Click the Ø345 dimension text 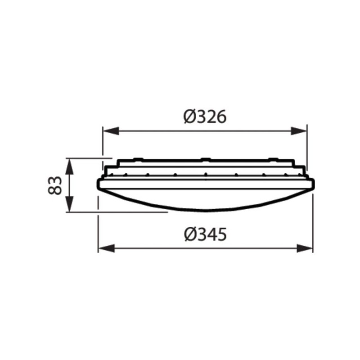[x=205, y=234]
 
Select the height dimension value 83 [x=55, y=185]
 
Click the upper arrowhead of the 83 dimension [x=69, y=165]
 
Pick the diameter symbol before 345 [x=189, y=234]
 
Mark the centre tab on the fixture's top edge [x=205, y=158]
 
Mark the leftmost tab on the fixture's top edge [x=138, y=158]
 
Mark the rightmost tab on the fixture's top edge [x=273, y=158]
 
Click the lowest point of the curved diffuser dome [x=205, y=211]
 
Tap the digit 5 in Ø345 [x=220, y=234]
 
